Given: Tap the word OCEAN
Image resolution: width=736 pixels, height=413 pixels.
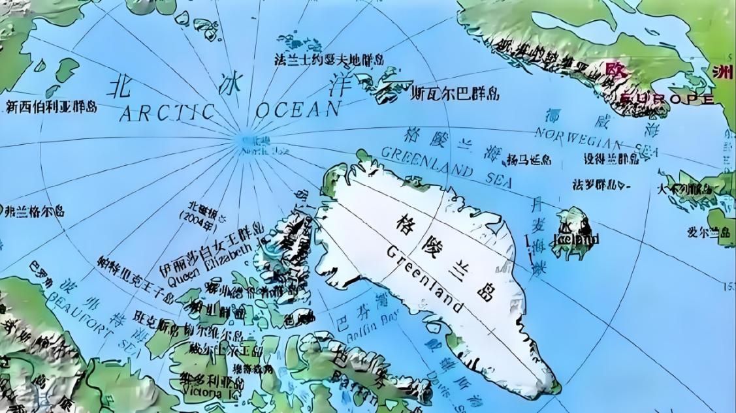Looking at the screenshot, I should (x=298, y=109).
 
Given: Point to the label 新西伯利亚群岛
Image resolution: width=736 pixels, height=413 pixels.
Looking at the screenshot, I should (x=51, y=106).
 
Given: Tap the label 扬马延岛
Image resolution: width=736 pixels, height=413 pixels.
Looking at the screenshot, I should (x=528, y=160).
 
